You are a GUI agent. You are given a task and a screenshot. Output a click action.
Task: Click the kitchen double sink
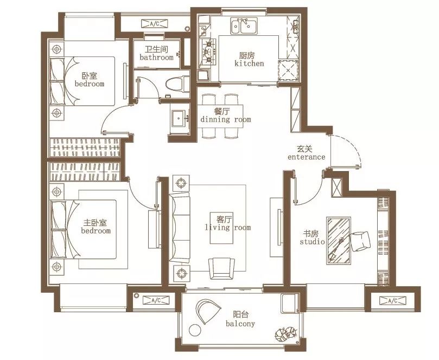244,26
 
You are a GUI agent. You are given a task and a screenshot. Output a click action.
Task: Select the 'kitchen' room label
249,64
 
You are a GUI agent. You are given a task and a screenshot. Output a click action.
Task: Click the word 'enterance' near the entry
307,157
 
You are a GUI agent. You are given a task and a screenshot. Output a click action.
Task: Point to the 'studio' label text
312,242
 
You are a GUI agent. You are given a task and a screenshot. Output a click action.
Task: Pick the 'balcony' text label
240,324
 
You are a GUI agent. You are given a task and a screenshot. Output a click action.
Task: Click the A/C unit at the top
155,24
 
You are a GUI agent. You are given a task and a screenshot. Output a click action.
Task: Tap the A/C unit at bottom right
393,301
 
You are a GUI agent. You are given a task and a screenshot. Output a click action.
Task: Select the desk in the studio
339,241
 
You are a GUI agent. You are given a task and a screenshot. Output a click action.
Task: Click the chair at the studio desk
360,241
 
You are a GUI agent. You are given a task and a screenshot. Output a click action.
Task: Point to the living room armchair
222,268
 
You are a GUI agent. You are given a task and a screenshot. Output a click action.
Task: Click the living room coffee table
222,228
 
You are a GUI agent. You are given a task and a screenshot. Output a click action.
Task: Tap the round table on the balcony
195,330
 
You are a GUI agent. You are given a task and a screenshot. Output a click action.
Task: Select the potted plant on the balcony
285,334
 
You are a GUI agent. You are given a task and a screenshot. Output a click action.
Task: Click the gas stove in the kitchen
208,52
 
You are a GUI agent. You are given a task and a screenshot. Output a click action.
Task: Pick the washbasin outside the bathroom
180,118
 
